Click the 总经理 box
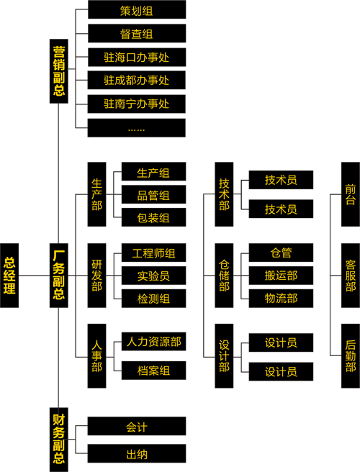point(9,276)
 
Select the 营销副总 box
point(59,71)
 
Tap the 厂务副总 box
point(59,276)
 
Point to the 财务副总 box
point(59,440)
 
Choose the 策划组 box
point(137,9)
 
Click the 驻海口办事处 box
point(137,57)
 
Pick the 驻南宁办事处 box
point(137,104)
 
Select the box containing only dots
point(137,128)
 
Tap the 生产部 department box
point(96,194)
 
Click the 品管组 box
point(153,194)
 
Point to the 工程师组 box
point(153,253)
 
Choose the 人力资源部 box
point(153,341)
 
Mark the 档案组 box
point(153,371)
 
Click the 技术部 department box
point(224,194)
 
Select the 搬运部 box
point(281,276)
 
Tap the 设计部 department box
point(224,356)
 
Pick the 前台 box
point(351,194)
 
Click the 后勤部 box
point(351,356)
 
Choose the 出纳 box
point(137,453)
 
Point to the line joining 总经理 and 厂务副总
point(34,276)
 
